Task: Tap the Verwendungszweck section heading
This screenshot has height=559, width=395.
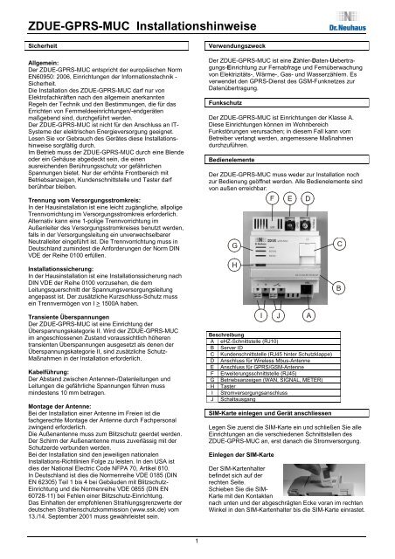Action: tap(236, 42)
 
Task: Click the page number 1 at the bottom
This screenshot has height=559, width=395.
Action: tap(197, 551)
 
